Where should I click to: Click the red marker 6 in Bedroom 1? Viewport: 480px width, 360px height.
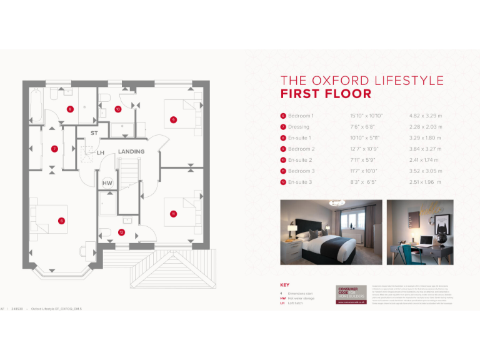pos(61,220)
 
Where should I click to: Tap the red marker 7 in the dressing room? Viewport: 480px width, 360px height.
pos(54,149)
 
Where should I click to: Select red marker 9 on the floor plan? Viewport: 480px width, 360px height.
pos(173,119)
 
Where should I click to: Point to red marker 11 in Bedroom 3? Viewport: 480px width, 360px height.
pos(173,214)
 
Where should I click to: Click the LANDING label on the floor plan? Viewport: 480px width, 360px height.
pos(131,152)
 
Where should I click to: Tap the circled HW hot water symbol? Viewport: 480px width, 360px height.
pos(107,183)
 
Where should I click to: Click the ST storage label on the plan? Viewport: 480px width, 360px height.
pos(94,134)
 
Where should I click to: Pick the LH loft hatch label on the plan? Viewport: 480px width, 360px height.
pos(100,152)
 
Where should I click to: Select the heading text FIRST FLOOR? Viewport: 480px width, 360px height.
pos(326,94)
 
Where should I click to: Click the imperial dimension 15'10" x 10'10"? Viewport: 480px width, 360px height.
pos(366,116)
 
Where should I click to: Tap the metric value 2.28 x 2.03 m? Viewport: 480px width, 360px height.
pos(425,127)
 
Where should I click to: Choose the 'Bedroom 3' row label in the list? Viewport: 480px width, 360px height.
pos(301,171)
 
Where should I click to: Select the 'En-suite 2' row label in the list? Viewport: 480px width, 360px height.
pos(300,160)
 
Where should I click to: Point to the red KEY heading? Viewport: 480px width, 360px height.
pos(285,285)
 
